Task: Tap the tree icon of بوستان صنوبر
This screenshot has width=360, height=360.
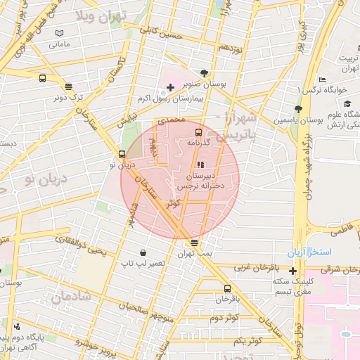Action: coord(205,72)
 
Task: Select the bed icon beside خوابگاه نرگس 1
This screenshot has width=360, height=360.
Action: coord(322,79)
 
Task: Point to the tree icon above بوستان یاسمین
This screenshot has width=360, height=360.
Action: coord(299,109)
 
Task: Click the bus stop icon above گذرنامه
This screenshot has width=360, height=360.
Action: coord(198,131)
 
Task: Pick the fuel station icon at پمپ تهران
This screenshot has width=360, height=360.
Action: coord(194,243)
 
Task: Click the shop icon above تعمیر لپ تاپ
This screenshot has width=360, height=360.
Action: coord(143,252)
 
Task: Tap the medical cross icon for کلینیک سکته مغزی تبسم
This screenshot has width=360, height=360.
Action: coord(292,270)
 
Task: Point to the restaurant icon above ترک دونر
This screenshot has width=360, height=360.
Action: coord(68,87)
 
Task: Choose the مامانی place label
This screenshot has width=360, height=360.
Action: coord(59,44)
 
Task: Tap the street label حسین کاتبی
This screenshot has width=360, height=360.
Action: coord(161,32)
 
